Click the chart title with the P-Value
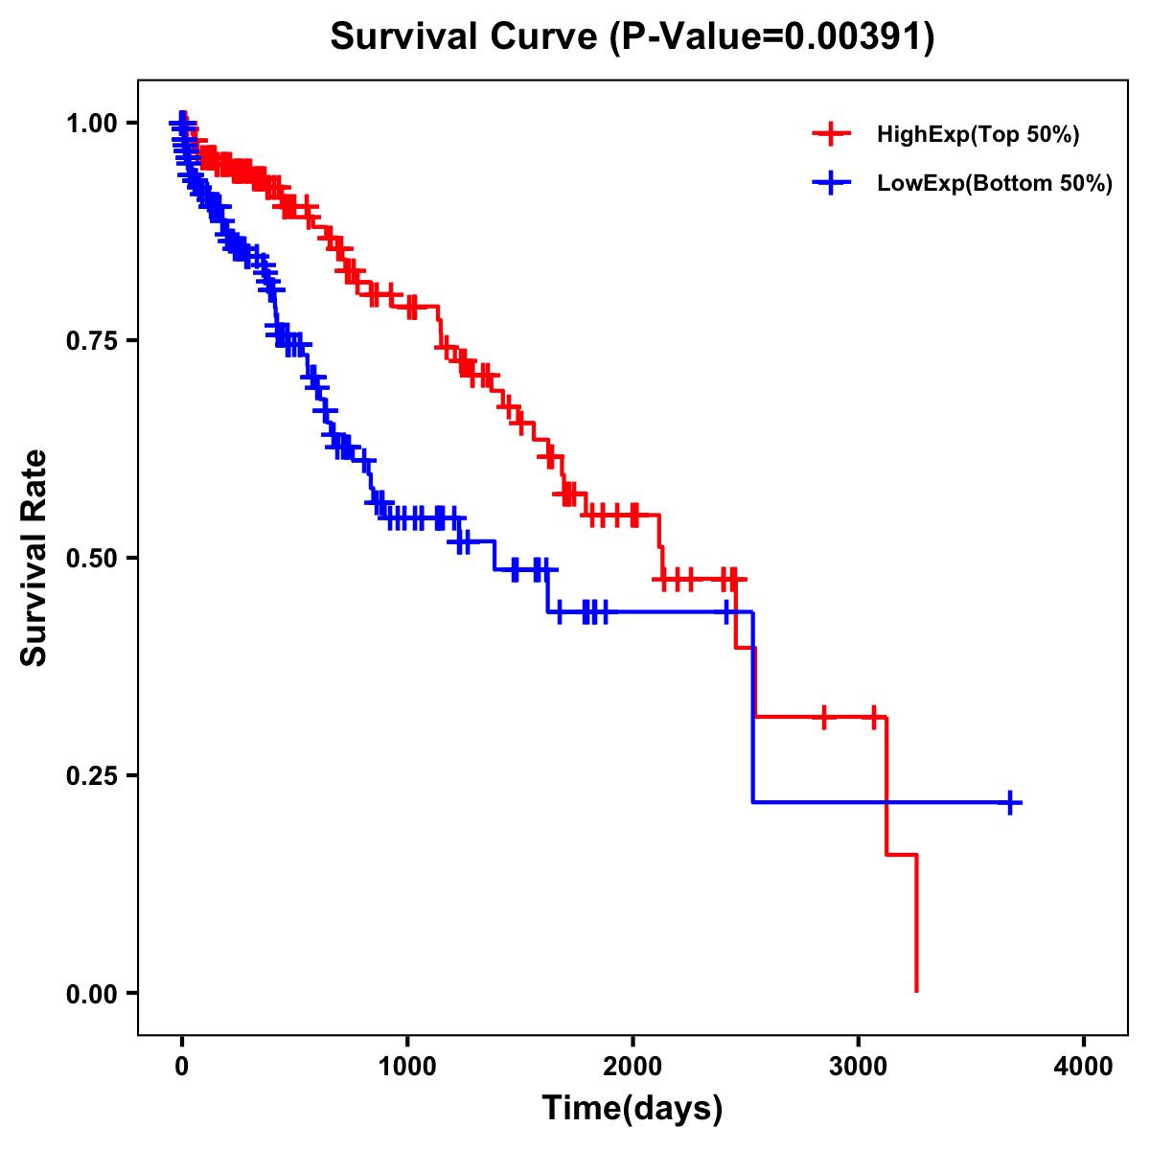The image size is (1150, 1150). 632,37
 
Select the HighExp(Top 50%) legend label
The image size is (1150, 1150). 977,135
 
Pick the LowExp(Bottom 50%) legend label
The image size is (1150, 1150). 995,184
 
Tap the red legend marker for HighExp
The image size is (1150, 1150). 831,134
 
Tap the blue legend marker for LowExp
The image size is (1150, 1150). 831,183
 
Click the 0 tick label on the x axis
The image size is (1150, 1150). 182,1068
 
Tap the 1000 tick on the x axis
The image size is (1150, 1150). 407,1068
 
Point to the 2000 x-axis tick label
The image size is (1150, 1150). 632,1068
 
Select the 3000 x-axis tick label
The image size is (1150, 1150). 859,1068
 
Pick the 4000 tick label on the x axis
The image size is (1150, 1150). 1084,1068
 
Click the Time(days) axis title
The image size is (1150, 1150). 632,1109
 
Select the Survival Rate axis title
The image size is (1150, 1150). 34,558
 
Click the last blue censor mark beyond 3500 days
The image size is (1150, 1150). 1010,802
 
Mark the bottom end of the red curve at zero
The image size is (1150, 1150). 917,991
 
